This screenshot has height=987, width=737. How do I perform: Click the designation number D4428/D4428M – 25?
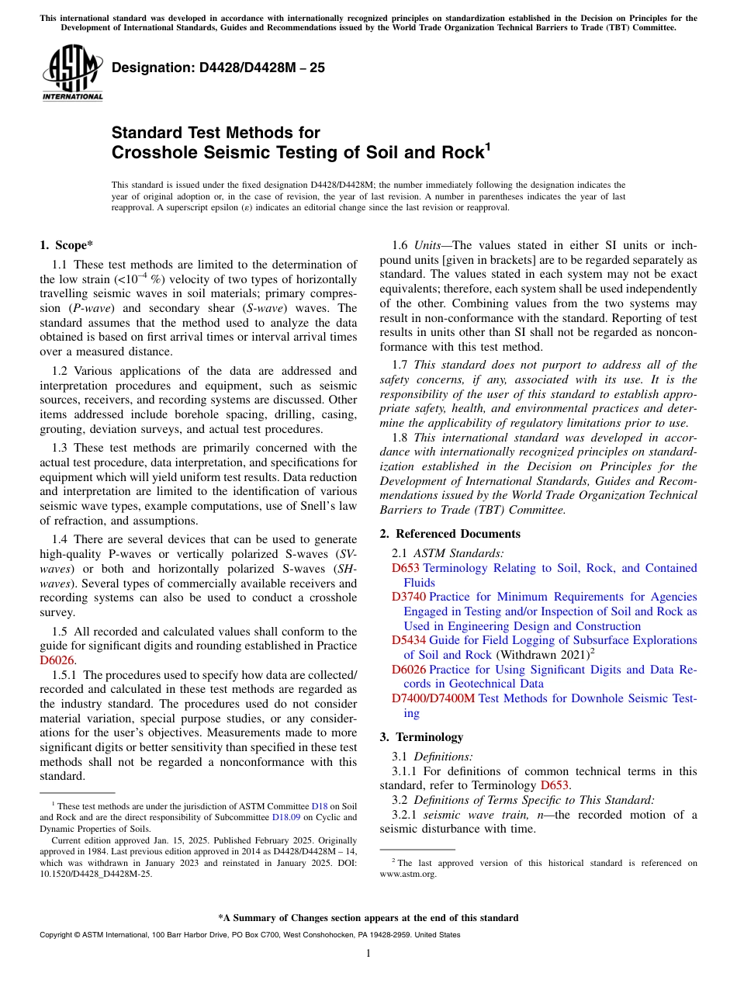coord(218,68)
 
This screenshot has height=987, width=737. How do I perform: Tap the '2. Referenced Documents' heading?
coord(450,534)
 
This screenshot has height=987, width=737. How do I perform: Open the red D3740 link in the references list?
coord(409,597)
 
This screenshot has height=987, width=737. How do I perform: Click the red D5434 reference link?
coord(409,640)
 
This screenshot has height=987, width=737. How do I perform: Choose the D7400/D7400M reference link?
coord(433,698)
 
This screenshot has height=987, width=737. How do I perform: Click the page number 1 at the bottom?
coord(368,953)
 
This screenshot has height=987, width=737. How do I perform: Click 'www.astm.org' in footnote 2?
coord(408,874)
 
